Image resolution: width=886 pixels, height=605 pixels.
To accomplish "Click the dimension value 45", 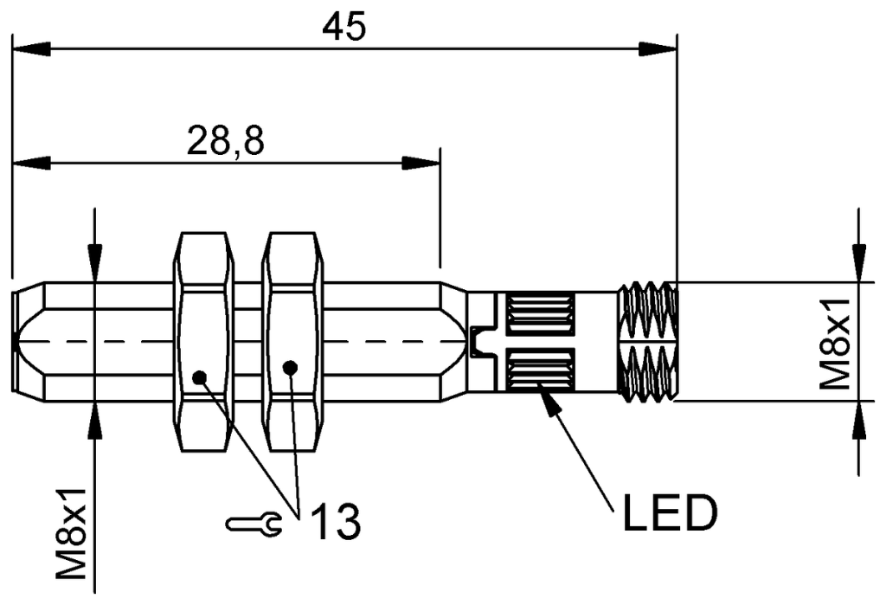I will [344, 26].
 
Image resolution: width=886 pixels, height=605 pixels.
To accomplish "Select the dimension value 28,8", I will [225, 141].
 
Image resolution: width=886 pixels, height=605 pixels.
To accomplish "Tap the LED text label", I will [670, 514].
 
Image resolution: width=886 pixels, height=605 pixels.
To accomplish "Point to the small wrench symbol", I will [252, 522].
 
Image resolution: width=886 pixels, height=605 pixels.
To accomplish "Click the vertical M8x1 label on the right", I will [834, 341].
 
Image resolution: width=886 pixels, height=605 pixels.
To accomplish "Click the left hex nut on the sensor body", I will [204, 342].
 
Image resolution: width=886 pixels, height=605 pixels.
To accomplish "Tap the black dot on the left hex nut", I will [200, 377].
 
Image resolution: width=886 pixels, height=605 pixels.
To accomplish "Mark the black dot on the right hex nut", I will [291, 368].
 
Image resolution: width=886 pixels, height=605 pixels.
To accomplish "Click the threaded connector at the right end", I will [647, 342].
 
